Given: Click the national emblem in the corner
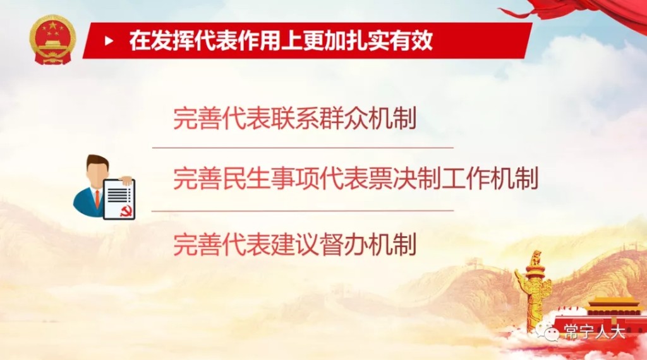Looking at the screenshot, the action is pyautogui.click(x=53, y=40).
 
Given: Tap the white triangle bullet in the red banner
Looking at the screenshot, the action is pyautogui.click(x=109, y=41).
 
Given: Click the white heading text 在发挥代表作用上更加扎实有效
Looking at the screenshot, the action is pyautogui.click(x=281, y=40).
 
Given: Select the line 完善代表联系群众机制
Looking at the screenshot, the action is pyautogui.click(x=294, y=118).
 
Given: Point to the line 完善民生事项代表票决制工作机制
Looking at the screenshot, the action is pyautogui.click(x=356, y=178).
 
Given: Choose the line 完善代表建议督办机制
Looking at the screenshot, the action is pyautogui.click(x=294, y=244).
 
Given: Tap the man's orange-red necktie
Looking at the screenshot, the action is pyautogui.click(x=97, y=199).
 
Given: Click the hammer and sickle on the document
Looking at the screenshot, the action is pyautogui.click(x=126, y=211).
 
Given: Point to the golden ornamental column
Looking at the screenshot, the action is pyautogui.click(x=535, y=289).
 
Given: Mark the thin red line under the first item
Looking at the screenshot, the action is pyautogui.click(x=303, y=147).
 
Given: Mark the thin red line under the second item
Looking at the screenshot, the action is pyautogui.click(x=303, y=211).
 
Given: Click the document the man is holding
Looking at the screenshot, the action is pyautogui.click(x=119, y=200).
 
